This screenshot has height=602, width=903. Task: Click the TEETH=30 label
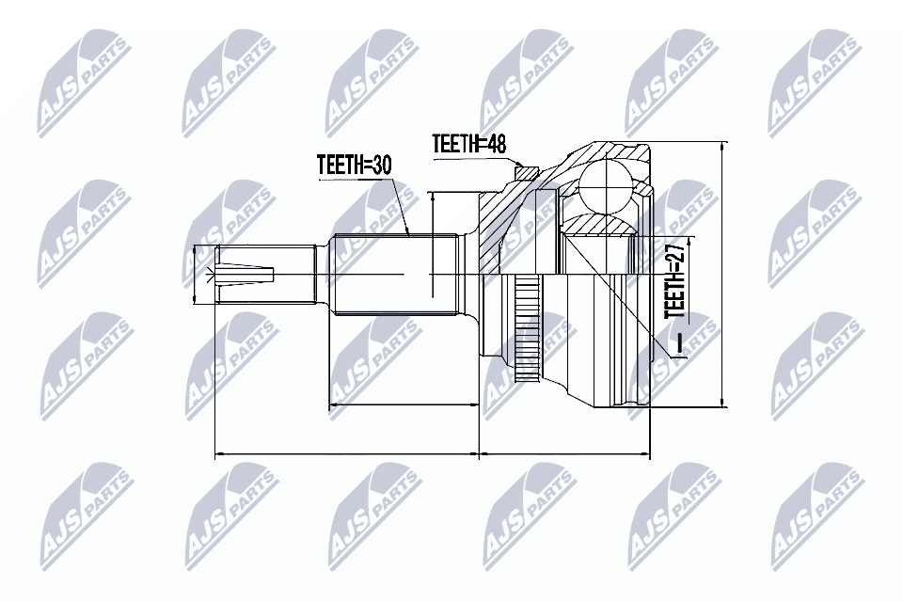[354, 166]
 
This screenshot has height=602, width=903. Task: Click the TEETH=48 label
[469, 143]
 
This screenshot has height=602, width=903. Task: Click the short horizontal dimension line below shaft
[404, 406]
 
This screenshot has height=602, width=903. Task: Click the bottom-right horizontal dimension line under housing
[564, 454]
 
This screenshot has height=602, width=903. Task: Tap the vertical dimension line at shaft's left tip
[195, 275]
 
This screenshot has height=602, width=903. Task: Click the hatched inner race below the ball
[602, 226]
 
